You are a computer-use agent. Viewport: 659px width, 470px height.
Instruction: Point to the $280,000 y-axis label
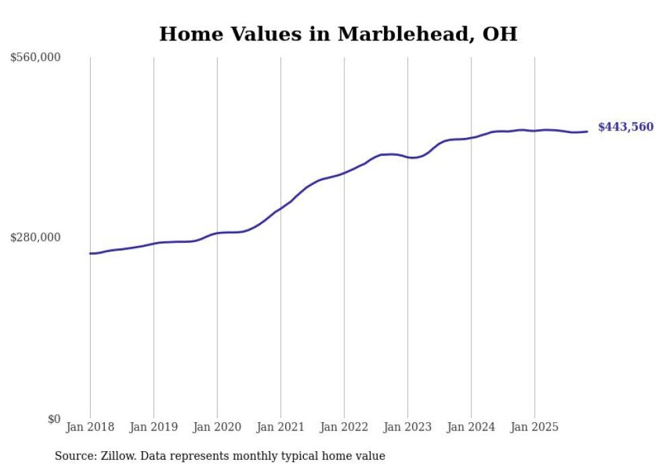(36, 237)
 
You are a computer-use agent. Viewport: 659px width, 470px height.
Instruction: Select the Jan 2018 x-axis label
(90, 428)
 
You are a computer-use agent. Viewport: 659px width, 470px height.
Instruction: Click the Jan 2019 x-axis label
(153, 428)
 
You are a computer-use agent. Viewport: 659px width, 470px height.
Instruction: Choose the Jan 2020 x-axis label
(217, 428)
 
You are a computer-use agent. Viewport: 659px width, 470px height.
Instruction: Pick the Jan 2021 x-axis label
(280, 428)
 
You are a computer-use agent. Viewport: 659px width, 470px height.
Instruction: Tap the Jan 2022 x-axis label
(344, 428)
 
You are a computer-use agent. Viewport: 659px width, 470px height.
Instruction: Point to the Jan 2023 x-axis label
(408, 428)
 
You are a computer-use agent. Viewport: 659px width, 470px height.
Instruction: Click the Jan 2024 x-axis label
(471, 428)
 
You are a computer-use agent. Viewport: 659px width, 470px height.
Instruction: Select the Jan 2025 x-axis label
(535, 428)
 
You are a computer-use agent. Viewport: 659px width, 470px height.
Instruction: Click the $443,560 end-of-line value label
(625, 127)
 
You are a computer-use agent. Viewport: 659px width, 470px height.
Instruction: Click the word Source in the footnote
(73, 456)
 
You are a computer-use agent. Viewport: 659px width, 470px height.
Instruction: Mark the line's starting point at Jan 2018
(90, 253)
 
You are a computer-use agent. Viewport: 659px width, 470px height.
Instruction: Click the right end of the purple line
(588, 131)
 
